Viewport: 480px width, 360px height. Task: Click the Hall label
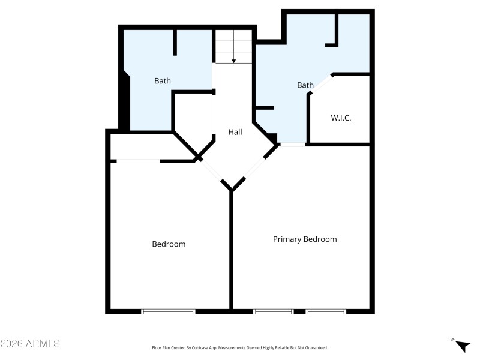(x=235, y=132)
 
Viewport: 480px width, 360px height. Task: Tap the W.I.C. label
(x=341, y=118)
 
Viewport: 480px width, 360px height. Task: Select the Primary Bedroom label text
(x=305, y=239)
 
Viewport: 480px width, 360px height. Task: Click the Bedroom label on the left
(x=169, y=244)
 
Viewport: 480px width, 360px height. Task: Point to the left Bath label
(x=163, y=80)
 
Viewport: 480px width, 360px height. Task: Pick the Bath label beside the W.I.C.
(x=305, y=85)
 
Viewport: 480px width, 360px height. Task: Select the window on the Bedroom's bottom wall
(x=168, y=311)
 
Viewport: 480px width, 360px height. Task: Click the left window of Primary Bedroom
(x=273, y=311)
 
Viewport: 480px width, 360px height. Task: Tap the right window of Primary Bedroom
(x=326, y=311)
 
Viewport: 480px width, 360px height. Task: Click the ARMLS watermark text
(x=30, y=344)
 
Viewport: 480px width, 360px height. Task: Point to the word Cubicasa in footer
(x=206, y=347)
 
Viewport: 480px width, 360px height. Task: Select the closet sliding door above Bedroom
(x=138, y=161)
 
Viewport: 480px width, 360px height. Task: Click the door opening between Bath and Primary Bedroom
(x=293, y=145)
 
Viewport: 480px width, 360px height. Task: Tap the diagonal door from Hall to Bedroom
(x=213, y=173)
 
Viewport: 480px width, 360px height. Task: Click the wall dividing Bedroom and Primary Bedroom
(x=231, y=252)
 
